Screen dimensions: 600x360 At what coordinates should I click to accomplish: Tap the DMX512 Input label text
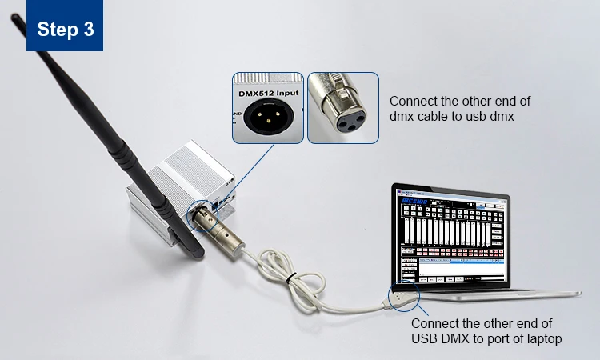coord(267,94)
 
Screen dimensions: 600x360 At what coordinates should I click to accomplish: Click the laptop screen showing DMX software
coord(452,235)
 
